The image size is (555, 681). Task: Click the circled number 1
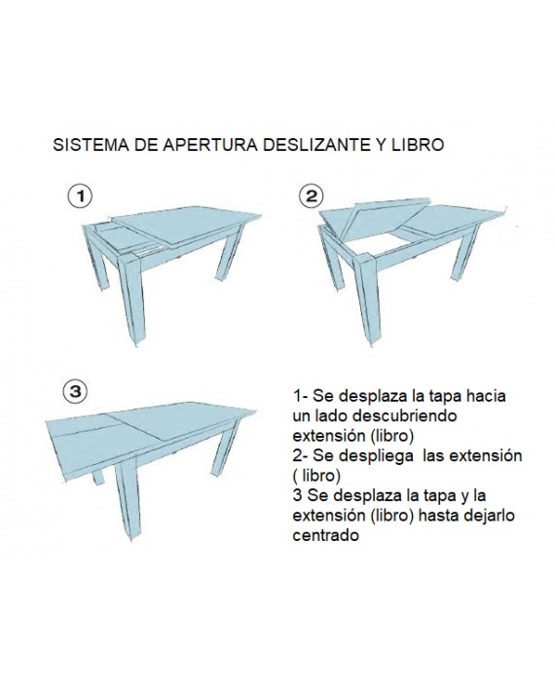coord(80,197)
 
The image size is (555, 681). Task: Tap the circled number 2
coord(312,197)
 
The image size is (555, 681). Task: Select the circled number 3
coord(76,392)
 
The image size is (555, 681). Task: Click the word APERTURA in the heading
coord(209,145)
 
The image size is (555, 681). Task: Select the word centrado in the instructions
coord(326,535)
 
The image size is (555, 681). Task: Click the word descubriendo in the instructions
coord(404,415)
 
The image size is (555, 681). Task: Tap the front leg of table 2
coord(367,300)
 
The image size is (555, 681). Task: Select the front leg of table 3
coord(127,499)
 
